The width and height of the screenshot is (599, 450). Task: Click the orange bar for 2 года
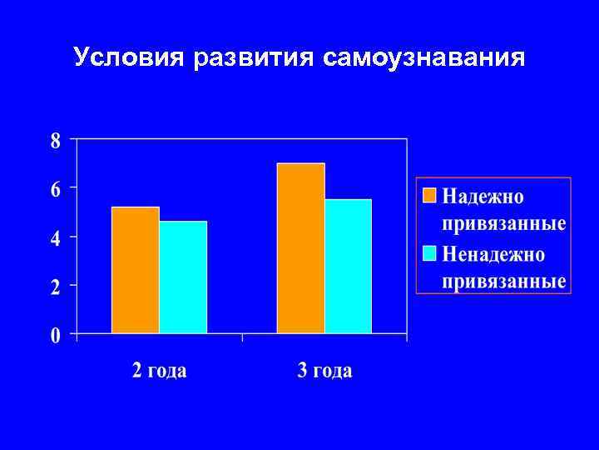(135, 270)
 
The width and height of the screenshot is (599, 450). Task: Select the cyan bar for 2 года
(183, 277)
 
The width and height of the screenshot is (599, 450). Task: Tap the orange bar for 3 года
(300, 248)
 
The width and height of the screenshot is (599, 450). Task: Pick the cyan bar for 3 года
(348, 266)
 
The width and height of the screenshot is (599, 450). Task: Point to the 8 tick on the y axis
(56, 141)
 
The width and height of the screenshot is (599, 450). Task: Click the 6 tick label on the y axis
(56, 189)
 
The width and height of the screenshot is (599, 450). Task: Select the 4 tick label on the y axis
(56, 238)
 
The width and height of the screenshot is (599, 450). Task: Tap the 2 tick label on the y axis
(56, 287)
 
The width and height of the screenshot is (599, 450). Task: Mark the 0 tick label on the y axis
(56, 336)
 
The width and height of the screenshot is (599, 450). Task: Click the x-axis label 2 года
(159, 371)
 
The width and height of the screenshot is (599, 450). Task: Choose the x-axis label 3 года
(324, 371)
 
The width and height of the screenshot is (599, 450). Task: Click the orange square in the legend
(429, 196)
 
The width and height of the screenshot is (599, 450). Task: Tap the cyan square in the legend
(429, 252)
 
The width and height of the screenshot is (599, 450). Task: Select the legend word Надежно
(483, 197)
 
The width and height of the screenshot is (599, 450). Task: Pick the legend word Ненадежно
(493, 252)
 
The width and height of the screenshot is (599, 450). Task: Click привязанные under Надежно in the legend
(504, 224)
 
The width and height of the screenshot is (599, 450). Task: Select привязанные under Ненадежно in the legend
(504, 281)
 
